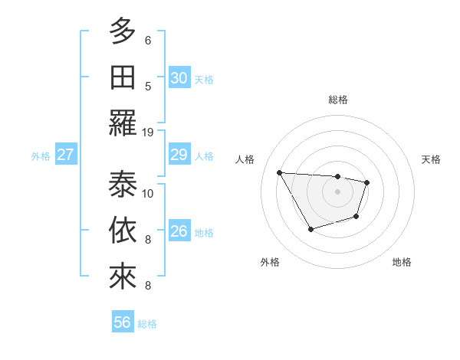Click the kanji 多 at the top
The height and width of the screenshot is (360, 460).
click(x=122, y=31)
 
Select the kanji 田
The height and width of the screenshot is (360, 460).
click(x=122, y=77)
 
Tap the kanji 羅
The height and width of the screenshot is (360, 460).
click(x=122, y=123)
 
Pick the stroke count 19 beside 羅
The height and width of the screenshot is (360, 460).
click(x=148, y=132)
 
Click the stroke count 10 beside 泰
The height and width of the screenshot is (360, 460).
click(x=148, y=192)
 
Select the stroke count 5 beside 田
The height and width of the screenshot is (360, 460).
click(x=148, y=86)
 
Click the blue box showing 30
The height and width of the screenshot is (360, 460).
click(x=179, y=77)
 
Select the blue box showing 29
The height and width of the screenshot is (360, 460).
click(x=179, y=155)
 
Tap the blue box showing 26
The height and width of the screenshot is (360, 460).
click(x=179, y=231)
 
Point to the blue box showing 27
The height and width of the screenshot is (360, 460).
click(x=66, y=155)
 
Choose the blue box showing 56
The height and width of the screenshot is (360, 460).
click(x=123, y=322)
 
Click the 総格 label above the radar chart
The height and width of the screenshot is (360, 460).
click(x=337, y=100)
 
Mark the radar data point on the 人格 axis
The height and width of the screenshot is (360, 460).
click(x=279, y=172)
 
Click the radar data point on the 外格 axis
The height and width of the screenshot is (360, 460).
click(x=310, y=229)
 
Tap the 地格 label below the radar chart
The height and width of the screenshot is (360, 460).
click(x=402, y=262)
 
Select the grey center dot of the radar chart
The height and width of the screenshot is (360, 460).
click(x=337, y=191)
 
